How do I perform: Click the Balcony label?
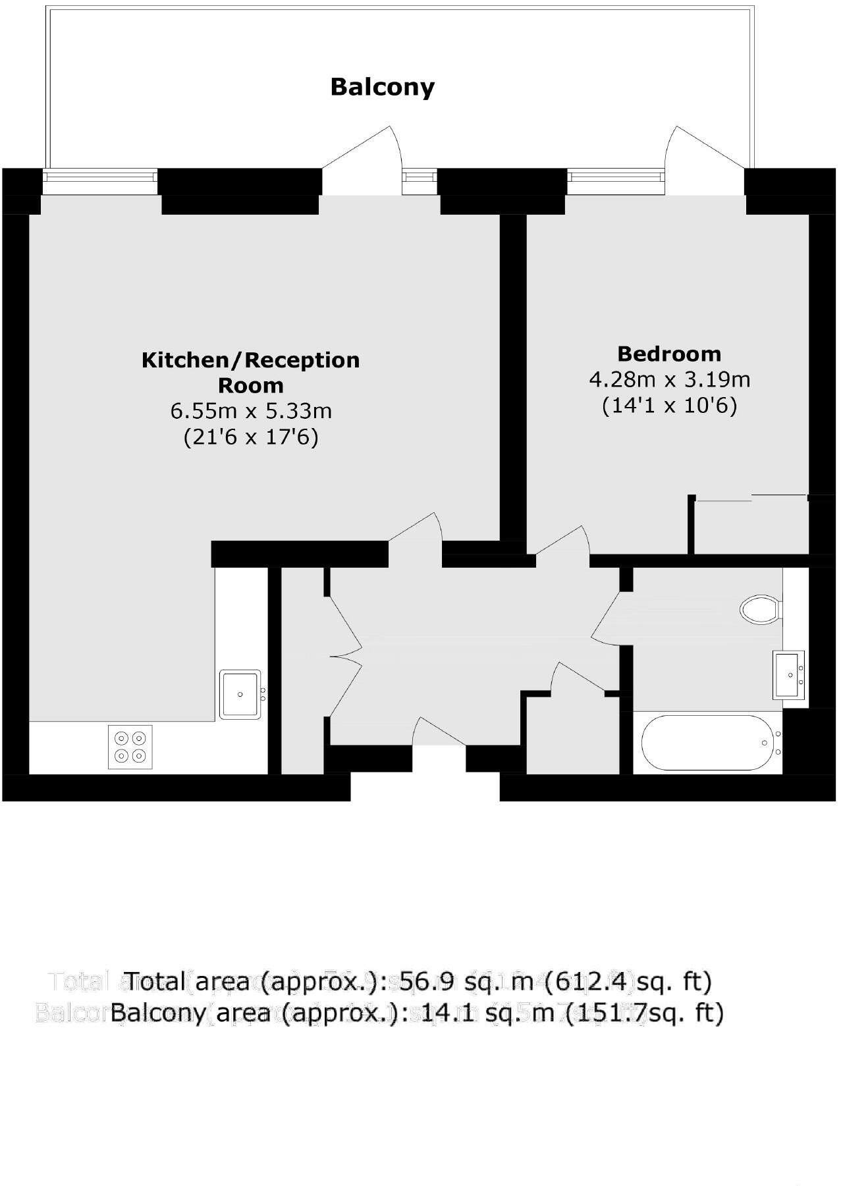[x=382, y=87]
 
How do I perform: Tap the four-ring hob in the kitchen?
[x=130, y=747]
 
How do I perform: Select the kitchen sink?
[x=240, y=694]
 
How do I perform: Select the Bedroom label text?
[x=669, y=354]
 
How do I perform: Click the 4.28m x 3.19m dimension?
[x=669, y=380]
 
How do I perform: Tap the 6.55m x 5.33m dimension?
[x=251, y=412]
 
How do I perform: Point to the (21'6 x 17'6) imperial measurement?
[x=251, y=437]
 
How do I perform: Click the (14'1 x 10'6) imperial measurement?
[x=669, y=406]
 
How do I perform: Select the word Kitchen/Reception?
[x=251, y=360]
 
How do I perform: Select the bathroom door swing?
[x=606, y=616]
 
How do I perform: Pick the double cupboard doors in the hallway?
[x=344, y=655]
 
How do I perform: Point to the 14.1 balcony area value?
[x=450, y=1013]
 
